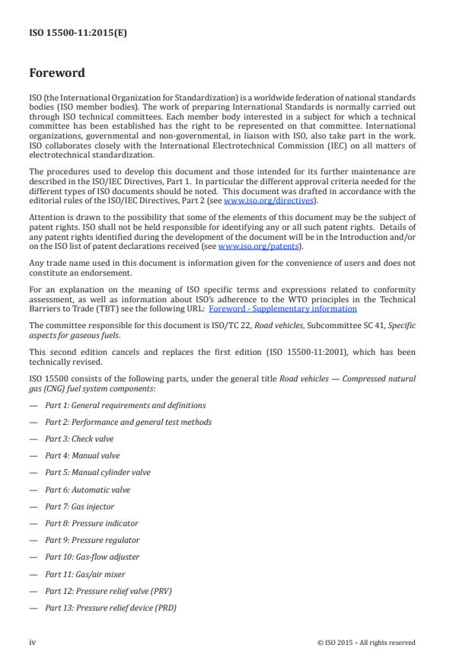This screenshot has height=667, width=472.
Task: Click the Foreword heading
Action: tap(57, 75)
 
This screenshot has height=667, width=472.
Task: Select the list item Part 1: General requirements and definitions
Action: tap(125, 405)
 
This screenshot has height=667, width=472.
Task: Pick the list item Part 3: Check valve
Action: tap(83, 439)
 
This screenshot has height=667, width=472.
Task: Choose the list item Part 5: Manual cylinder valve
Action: tap(97, 472)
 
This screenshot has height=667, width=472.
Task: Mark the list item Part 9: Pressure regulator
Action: tap(92, 539)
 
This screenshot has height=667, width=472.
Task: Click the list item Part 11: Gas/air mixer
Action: tap(85, 573)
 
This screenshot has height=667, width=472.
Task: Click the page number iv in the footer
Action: tap(33, 643)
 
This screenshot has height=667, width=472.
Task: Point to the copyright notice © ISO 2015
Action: tap(366, 643)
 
